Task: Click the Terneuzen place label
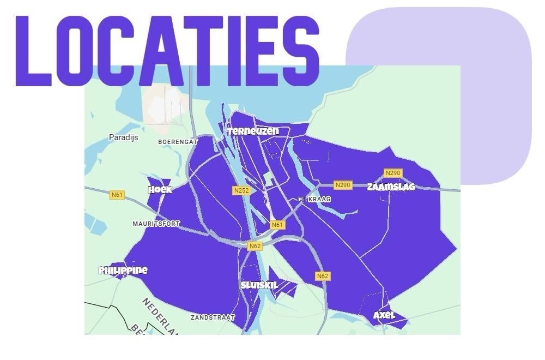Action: point(253,131)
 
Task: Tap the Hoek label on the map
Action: point(160,189)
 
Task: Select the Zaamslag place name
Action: point(391,187)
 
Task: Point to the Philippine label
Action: point(123,270)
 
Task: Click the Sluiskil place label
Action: point(259,285)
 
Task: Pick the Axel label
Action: point(384,315)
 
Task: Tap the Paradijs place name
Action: point(123,137)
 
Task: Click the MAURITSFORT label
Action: point(156,224)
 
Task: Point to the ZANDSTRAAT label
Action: point(213,317)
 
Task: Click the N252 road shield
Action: point(241,190)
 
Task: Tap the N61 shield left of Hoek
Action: point(117,195)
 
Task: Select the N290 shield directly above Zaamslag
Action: point(392,173)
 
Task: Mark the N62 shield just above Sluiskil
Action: point(255,246)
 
